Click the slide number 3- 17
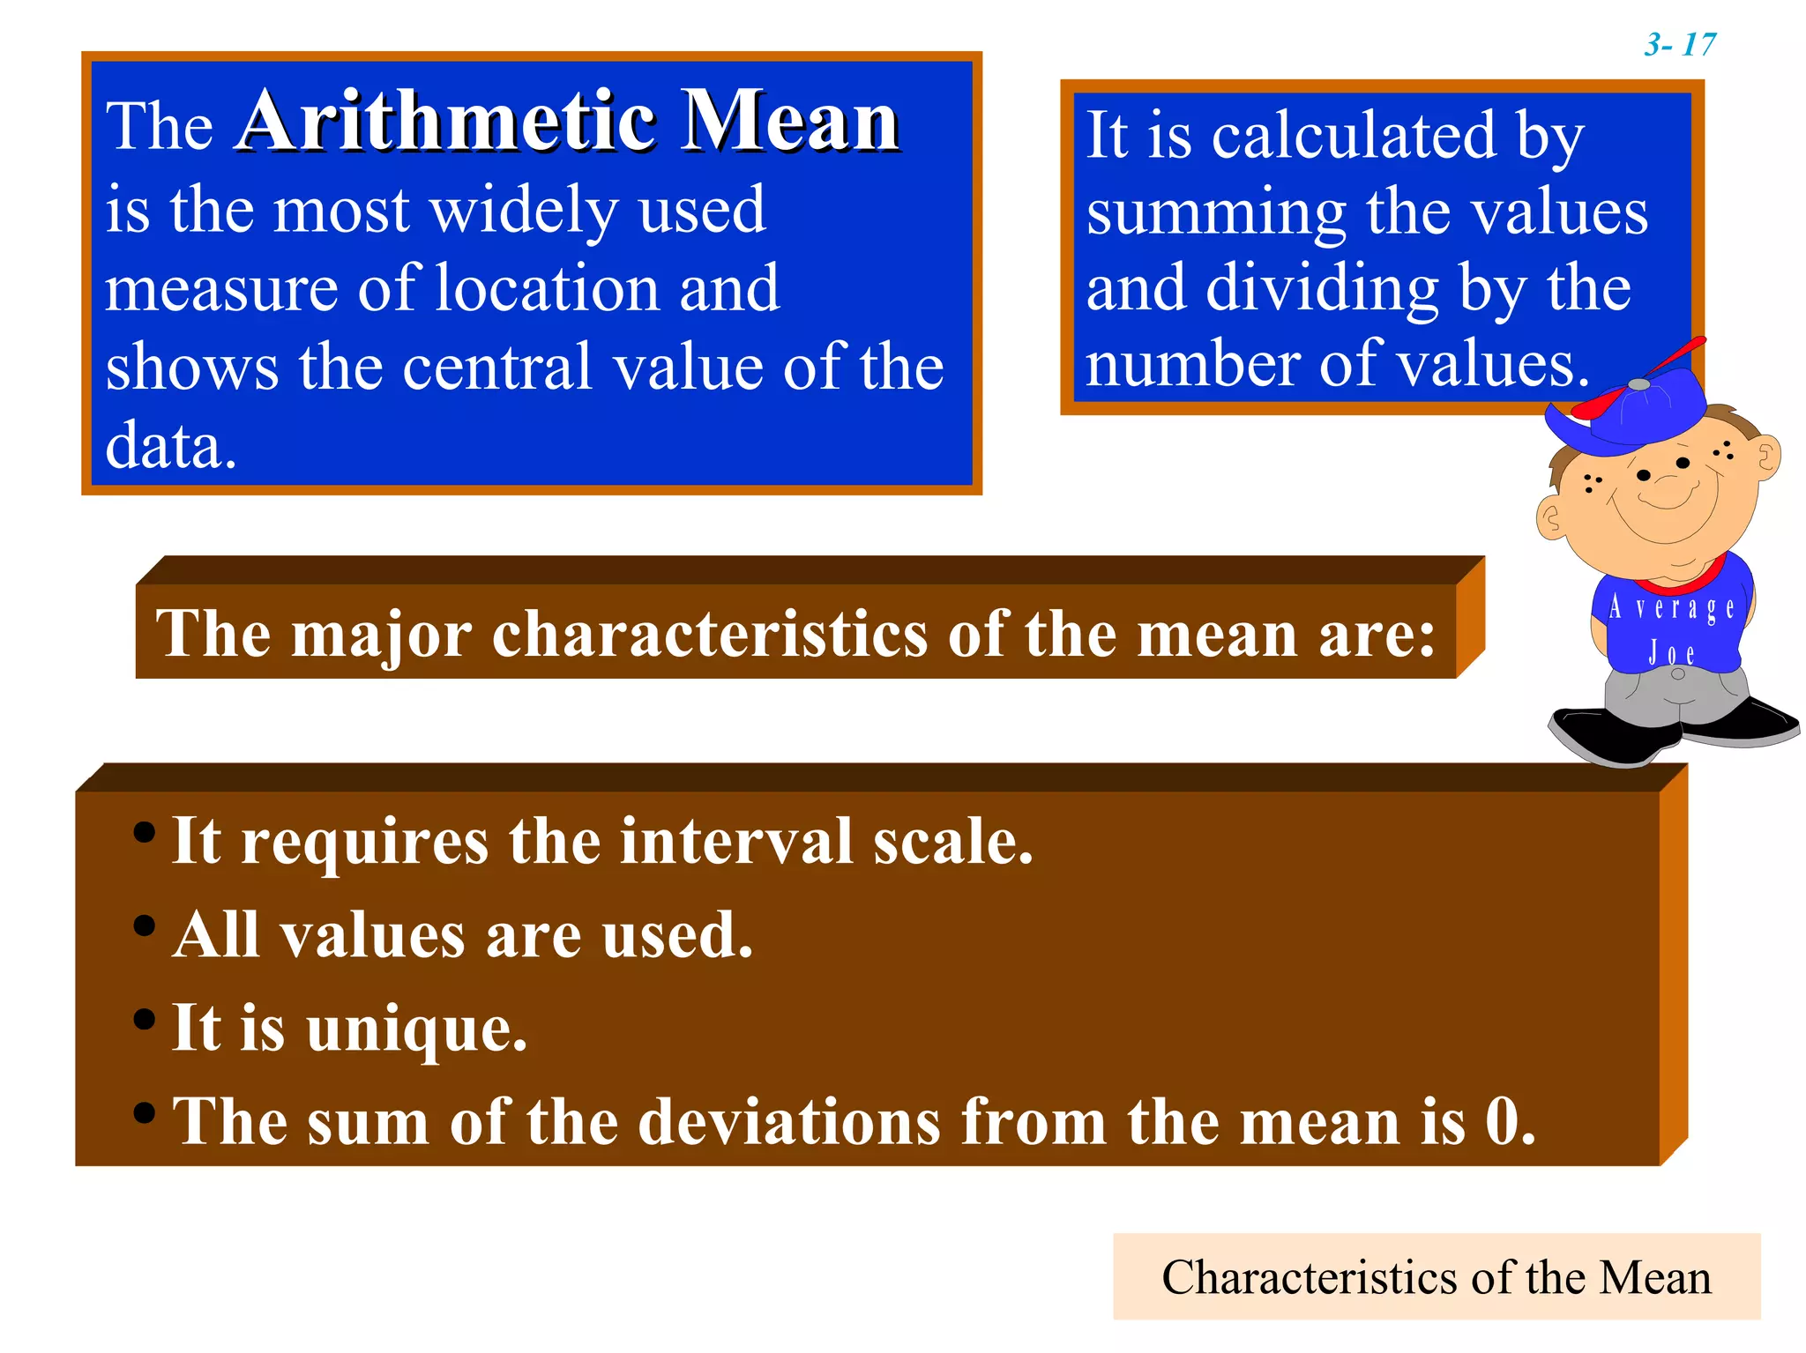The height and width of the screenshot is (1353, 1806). (x=1679, y=44)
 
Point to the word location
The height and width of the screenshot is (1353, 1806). (x=548, y=289)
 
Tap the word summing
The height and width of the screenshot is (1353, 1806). (x=1215, y=213)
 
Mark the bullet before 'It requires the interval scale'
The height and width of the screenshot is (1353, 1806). (x=145, y=832)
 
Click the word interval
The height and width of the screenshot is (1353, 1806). (x=736, y=841)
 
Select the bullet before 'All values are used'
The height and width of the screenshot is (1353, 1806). (x=145, y=926)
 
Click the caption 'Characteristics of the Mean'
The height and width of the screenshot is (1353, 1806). (x=1436, y=1277)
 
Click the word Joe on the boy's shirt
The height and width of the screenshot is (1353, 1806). (x=1671, y=653)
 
